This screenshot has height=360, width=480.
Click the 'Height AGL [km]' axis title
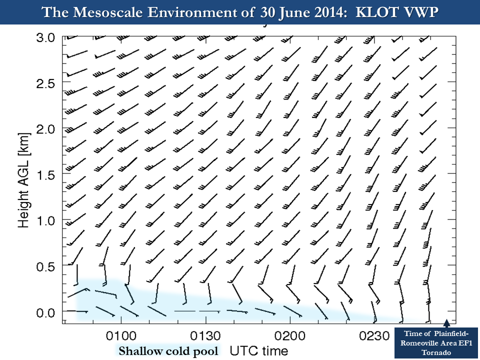click(x=24, y=180)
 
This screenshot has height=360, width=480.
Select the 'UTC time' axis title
click(x=258, y=350)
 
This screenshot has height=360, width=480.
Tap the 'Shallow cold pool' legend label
click(x=167, y=351)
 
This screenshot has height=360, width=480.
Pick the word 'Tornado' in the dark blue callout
click(x=437, y=352)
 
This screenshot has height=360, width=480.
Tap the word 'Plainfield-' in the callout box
click(x=448, y=334)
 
